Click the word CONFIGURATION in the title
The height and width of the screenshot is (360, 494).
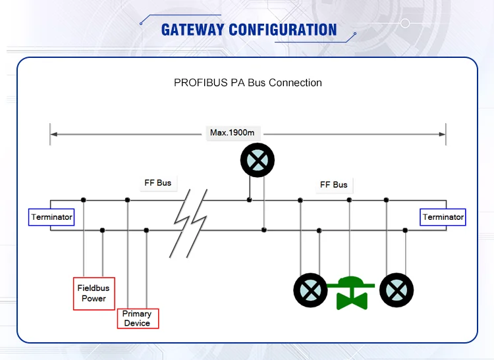pos(283,30)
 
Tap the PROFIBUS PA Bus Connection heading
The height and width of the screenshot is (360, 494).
pos(248,83)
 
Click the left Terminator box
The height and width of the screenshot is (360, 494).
pos(51,217)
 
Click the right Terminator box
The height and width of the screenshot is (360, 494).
pos(443,217)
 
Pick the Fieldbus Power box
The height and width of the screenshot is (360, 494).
pos(94,294)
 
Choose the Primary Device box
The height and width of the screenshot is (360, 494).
pos(137,319)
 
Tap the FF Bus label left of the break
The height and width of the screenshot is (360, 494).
pos(158,183)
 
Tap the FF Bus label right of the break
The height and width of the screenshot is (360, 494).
pos(333,185)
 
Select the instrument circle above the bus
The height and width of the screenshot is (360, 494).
pos(258,160)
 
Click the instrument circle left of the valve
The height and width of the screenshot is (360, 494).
pos(310,290)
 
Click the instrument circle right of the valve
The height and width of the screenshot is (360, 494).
pos(397,290)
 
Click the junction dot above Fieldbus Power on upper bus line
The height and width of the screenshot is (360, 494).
pos(84,200)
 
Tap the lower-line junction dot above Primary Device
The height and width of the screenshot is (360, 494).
pos(146,230)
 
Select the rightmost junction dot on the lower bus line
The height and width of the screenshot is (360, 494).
pos(405,230)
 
